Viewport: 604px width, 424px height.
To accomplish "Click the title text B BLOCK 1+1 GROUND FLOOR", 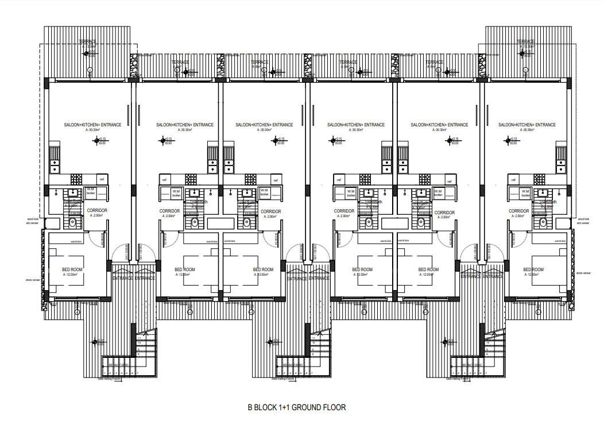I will click(296, 408).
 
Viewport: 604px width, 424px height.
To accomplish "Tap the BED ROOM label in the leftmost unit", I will click(72, 269).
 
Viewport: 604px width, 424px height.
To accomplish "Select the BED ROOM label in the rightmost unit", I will click(533, 269).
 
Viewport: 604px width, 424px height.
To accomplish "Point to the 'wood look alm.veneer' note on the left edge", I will click(32, 221).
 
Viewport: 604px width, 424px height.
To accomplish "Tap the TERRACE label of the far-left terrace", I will click(88, 42).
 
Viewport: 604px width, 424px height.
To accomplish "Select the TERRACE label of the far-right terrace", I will click(525, 42).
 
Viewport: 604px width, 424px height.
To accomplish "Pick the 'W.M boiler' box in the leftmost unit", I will click(91, 192).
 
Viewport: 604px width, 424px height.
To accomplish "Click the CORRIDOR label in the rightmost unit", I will click(518, 211).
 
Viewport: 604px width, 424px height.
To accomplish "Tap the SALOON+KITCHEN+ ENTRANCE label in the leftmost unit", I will click(92, 125).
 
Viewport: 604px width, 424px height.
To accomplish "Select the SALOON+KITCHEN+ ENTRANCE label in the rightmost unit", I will click(527, 125).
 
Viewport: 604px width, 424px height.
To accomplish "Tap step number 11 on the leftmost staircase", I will click(140, 338).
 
